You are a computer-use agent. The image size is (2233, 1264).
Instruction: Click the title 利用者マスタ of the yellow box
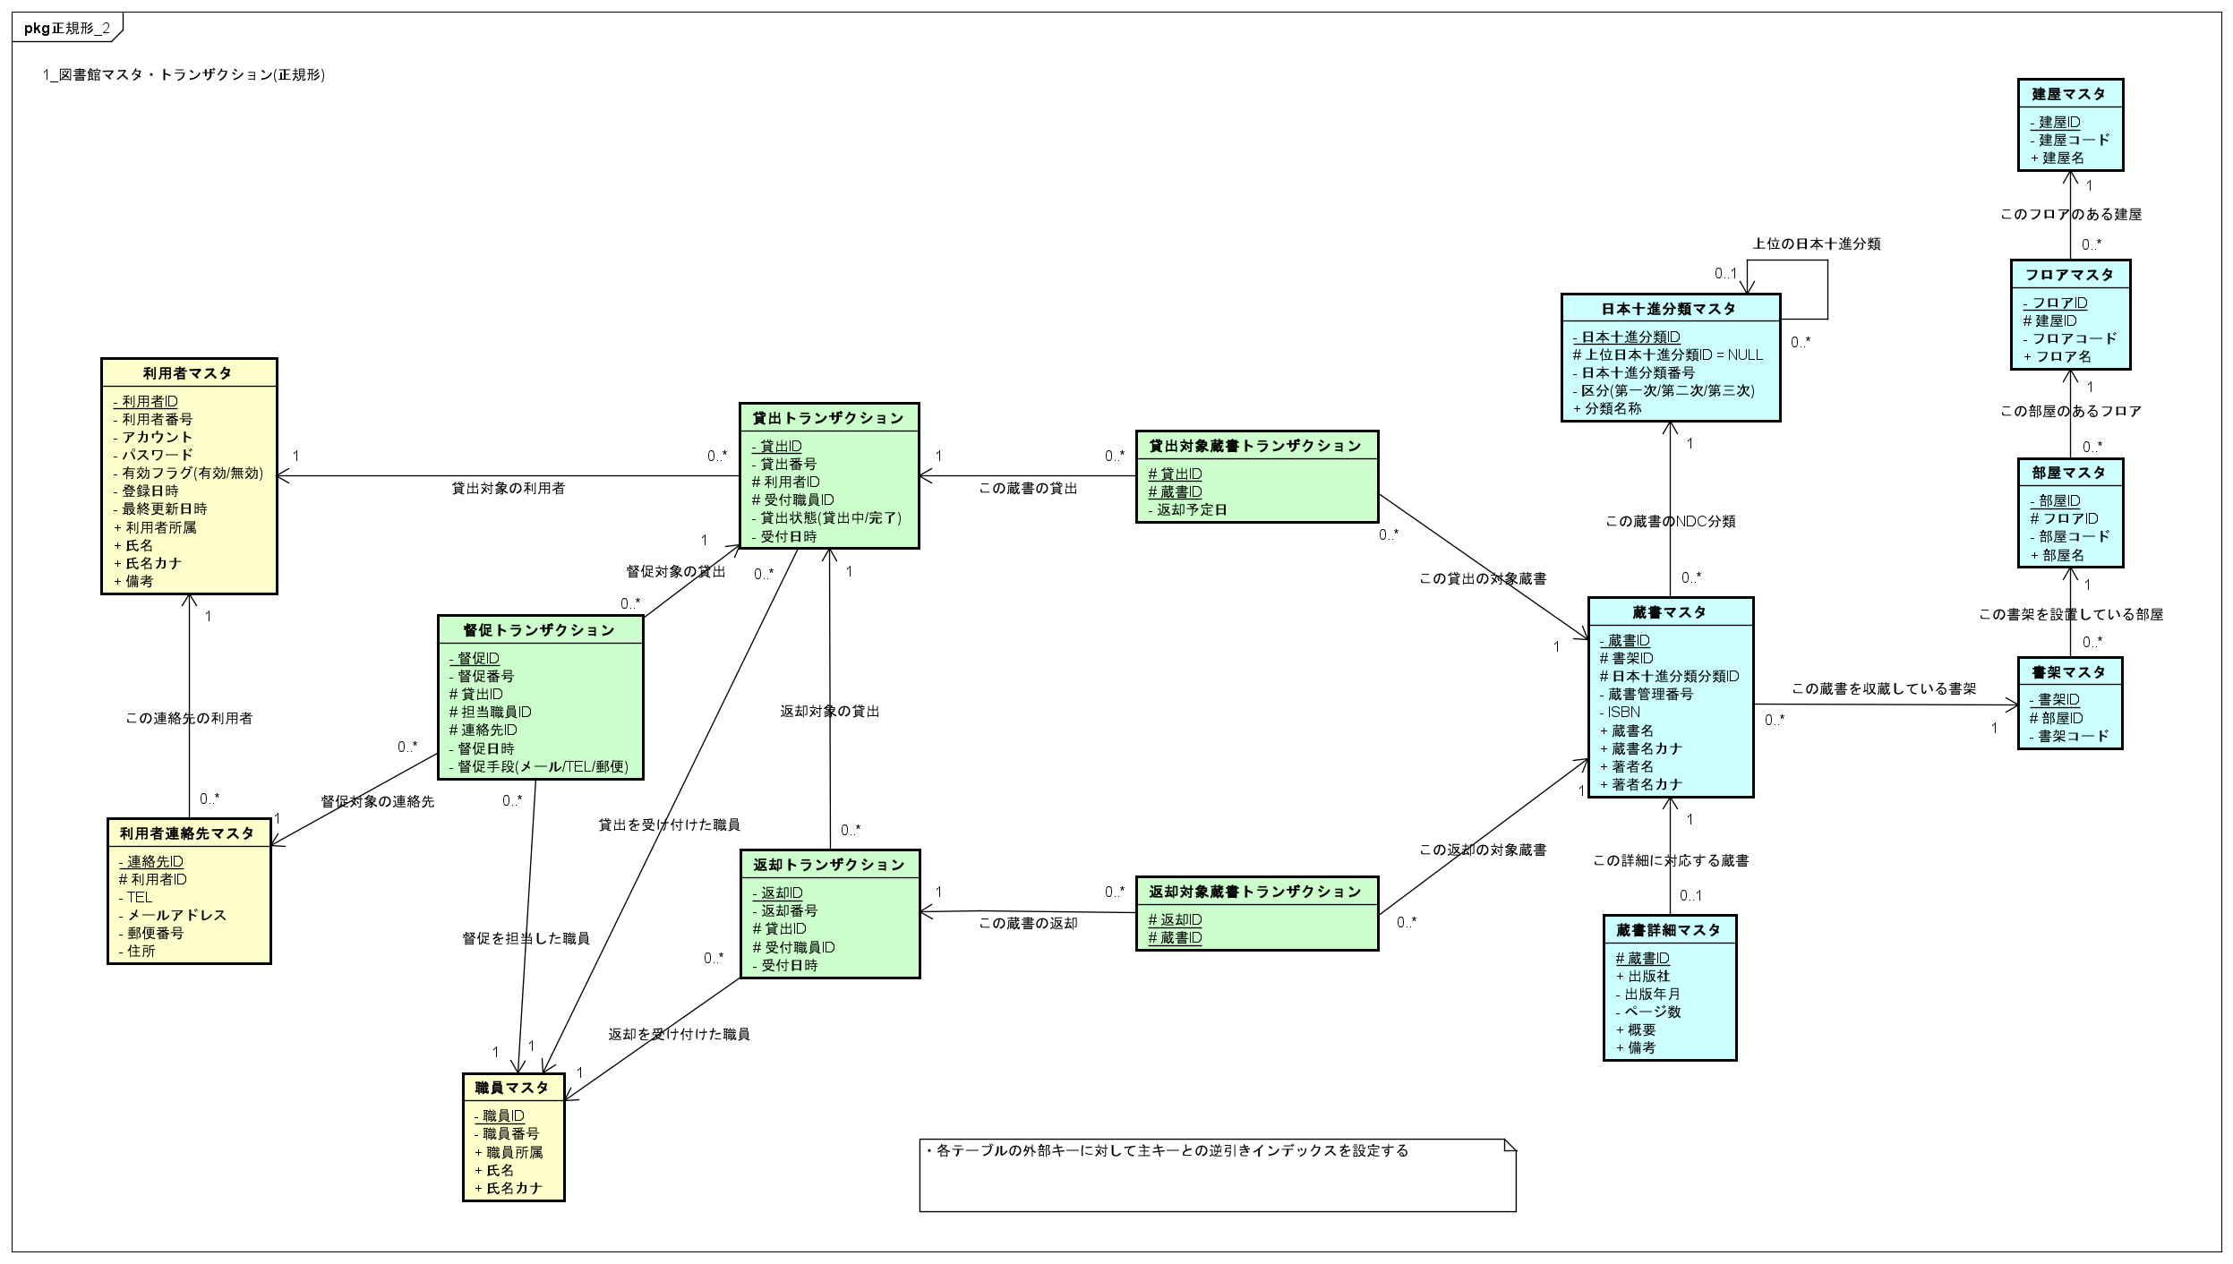coord(188,373)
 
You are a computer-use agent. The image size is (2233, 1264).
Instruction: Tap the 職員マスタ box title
coord(512,1088)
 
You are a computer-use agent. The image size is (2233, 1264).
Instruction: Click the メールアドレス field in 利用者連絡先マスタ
coord(176,915)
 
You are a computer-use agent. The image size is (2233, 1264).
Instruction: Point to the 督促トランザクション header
coord(539,630)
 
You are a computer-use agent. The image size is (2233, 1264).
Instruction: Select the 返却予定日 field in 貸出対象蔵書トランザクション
coord(1191,509)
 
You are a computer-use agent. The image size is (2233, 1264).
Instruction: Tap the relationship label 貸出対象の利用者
coord(508,488)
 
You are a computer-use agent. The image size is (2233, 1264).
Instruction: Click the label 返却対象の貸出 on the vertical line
coord(829,712)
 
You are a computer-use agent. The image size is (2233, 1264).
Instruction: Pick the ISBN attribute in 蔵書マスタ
coord(1623,713)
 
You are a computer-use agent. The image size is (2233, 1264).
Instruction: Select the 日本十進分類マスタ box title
coord(1669,309)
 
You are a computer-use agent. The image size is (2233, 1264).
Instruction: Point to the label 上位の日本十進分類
coord(1816,243)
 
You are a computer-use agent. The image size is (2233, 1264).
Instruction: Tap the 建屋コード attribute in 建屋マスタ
coord(2074,140)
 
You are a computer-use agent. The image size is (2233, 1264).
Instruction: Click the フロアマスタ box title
coord(2069,275)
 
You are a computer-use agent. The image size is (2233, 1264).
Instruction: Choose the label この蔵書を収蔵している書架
coord(1884,689)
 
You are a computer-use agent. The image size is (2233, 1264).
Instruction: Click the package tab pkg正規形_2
coord(67,28)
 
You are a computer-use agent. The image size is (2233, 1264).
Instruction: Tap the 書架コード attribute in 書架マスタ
coord(2074,736)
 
